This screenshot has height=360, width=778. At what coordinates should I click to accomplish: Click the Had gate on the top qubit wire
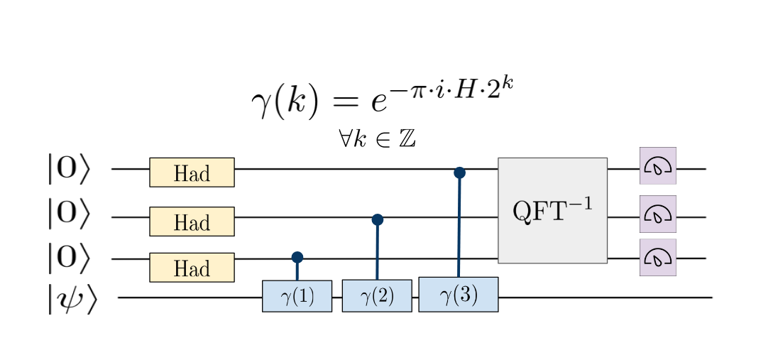click(x=192, y=173)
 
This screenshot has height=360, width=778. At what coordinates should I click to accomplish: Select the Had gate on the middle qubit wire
click(x=192, y=222)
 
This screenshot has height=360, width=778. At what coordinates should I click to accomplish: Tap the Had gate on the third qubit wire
click(x=192, y=268)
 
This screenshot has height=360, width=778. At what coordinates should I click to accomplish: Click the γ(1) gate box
click(x=297, y=296)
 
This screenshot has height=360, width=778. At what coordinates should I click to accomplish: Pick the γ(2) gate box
click(x=377, y=296)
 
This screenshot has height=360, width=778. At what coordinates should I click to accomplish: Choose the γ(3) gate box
click(x=458, y=295)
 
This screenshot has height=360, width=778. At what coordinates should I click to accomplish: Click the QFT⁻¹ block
click(x=552, y=211)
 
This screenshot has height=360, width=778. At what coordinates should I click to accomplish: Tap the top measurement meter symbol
click(x=657, y=165)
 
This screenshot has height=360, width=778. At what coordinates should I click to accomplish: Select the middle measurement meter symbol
click(x=657, y=214)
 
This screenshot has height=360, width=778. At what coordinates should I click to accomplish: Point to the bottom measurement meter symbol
click(x=657, y=257)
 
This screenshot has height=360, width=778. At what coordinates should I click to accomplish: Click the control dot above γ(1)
click(x=297, y=257)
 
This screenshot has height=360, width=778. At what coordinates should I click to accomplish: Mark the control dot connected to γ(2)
click(x=378, y=220)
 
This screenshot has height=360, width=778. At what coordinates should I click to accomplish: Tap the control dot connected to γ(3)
click(x=459, y=173)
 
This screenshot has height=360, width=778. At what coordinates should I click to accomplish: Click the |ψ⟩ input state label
click(x=71, y=298)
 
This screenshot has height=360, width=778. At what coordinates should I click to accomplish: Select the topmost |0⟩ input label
click(x=68, y=170)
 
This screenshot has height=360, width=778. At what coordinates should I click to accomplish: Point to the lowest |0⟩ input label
click(x=68, y=258)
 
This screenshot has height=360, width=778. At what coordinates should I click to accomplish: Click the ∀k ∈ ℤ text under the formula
click(x=377, y=138)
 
